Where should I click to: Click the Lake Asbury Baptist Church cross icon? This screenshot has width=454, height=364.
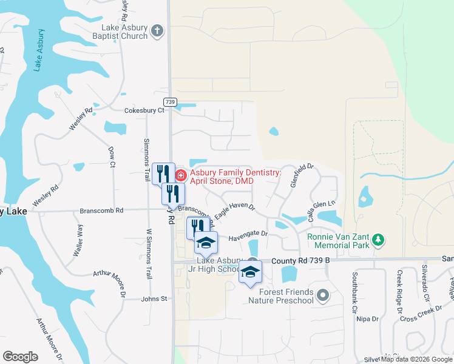click(157, 30)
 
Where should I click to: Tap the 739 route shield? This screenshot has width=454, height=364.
click(169, 102)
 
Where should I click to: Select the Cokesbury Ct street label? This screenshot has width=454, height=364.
click(144, 110)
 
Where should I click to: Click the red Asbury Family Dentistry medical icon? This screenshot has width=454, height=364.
click(181, 176)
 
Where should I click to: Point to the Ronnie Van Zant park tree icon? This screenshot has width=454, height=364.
click(379, 240)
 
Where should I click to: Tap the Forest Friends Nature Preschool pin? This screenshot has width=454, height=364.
click(322, 296)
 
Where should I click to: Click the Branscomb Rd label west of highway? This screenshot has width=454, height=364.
click(101, 211)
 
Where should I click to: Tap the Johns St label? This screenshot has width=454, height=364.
click(154, 298)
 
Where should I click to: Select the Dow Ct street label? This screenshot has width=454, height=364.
click(112, 156)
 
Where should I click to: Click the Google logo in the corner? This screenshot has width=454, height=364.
click(20, 357)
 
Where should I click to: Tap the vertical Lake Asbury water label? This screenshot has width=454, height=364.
click(39, 50)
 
